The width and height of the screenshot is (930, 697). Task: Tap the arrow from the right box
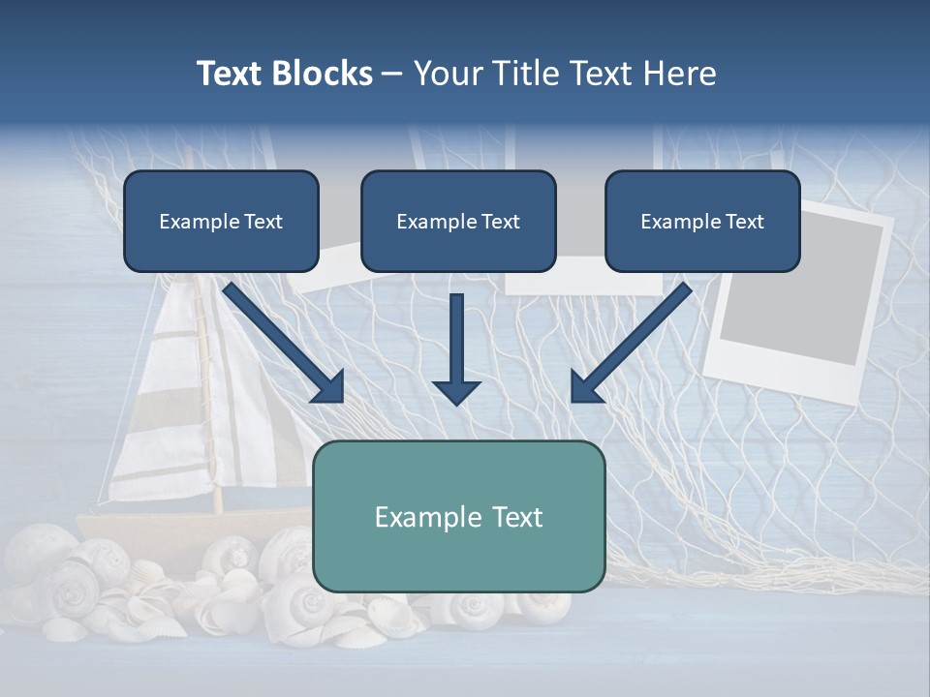(x=630, y=344)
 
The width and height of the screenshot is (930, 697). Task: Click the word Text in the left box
(x=263, y=222)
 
